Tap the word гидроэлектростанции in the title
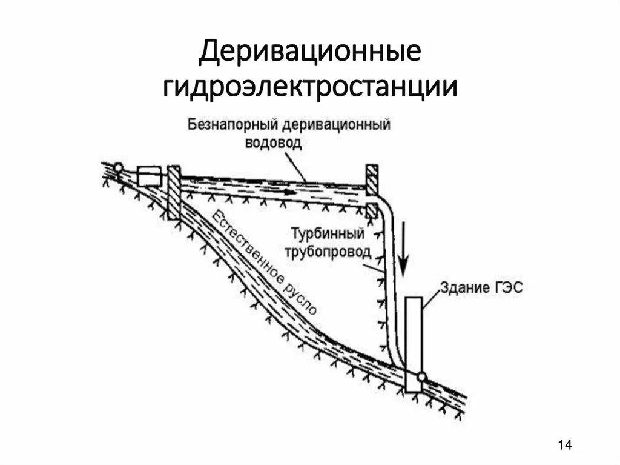click(310, 87)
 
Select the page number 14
click(564, 446)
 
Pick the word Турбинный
click(327, 235)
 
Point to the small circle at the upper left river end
click(118, 167)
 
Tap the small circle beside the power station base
click(422, 377)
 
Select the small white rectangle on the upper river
click(149, 176)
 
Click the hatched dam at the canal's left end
click(174, 191)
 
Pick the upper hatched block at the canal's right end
click(371, 177)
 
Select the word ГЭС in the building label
click(507, 288)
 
